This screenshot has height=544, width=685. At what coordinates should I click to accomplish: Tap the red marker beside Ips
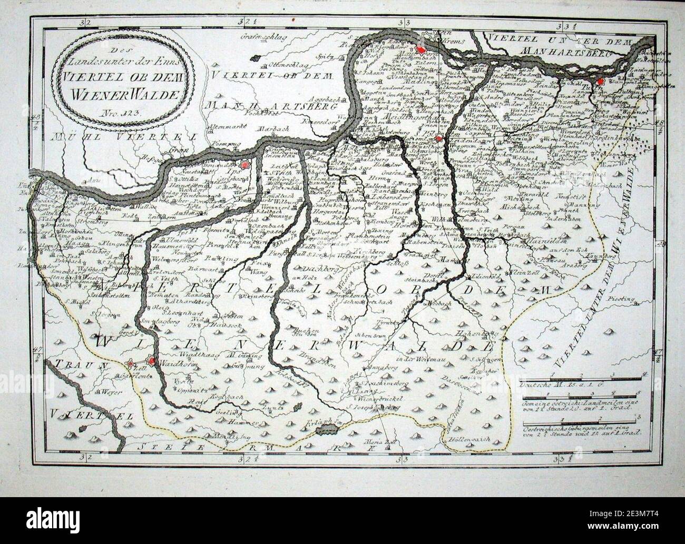(244, 165)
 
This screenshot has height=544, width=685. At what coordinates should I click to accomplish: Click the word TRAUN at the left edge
(73, 364)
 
